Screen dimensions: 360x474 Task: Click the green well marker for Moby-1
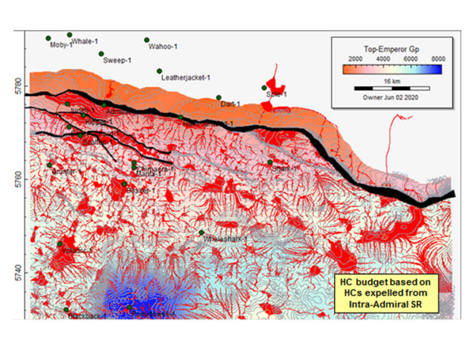[x=48, y=38]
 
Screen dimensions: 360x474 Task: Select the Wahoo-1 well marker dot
[x=147, y=40]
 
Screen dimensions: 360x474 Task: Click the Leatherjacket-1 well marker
[x=159, y=71]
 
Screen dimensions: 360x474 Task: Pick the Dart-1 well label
[x=230, y=104]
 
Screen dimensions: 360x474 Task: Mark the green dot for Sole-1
[x=264, y=88]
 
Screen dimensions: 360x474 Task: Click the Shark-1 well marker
[x=270, y=162]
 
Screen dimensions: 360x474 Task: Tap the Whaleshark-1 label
[x=225, y=240]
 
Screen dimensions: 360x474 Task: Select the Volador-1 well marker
[x=60, y=244]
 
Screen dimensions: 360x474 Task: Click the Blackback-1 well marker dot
[x=66, y=309]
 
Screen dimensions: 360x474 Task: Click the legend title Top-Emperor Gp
[x=392, y=49]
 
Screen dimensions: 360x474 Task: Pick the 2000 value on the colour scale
[x=355, y=59]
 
